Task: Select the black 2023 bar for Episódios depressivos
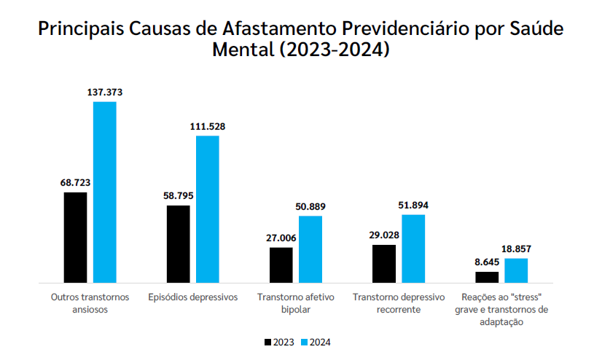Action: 178,243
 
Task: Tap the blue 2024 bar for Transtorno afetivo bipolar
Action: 310,249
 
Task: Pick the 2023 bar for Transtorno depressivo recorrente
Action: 384,263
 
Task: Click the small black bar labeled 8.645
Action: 487,277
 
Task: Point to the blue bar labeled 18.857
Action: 516,270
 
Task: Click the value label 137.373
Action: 104,93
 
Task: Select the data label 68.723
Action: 75,183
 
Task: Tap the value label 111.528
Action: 208,126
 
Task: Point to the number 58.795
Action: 178,196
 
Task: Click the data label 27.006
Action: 281,238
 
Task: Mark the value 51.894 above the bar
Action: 413,205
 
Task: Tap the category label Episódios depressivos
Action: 192,297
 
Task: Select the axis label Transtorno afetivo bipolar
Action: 295,303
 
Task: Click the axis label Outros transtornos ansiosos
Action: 90,303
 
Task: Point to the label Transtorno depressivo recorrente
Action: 398,303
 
